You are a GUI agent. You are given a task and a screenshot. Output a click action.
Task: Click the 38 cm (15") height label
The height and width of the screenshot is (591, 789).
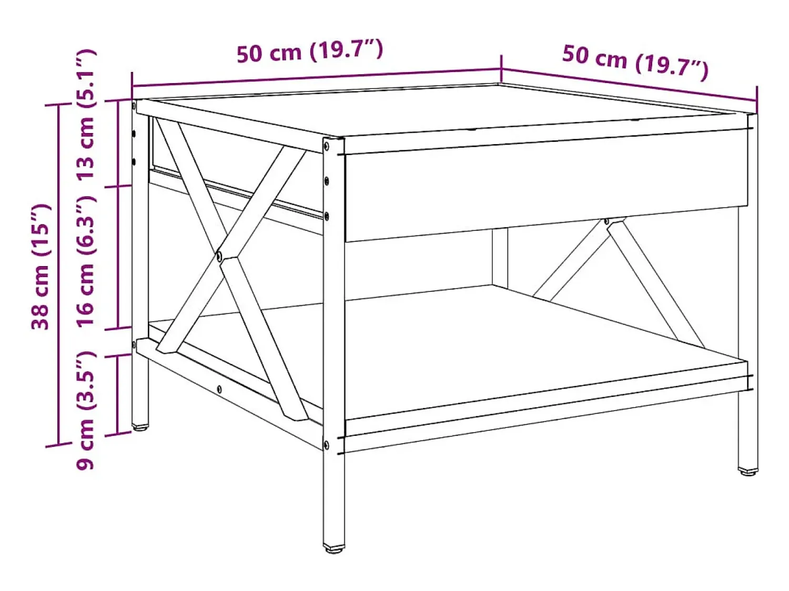pyautogui.click(x=41, y=267)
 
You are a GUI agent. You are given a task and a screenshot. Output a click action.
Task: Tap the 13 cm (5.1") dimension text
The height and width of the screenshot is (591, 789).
pyautogui.click(x=86, y=114)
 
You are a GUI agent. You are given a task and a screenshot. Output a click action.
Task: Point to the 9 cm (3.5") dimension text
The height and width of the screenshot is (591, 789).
pyautogui.click(x=86, y=410)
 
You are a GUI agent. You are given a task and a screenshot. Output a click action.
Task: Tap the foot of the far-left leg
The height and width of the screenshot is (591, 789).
pyautogui.click(x=140, y=427)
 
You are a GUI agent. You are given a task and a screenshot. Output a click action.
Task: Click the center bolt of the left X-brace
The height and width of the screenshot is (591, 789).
pyautogui.click(x=219, y=256)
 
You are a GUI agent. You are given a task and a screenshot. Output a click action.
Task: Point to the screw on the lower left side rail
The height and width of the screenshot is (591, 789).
pyautogui.click(x=219, y=389)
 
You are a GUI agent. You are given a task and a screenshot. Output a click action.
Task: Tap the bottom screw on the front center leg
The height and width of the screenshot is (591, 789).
pyautogui.click(x=326, y=445)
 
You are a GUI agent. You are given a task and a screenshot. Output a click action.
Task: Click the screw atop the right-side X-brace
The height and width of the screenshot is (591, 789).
pyautogui.click(x=607, y=221)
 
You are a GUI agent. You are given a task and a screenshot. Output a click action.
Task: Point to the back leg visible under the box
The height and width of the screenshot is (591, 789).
pyautogui.click(x=500, y=257)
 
